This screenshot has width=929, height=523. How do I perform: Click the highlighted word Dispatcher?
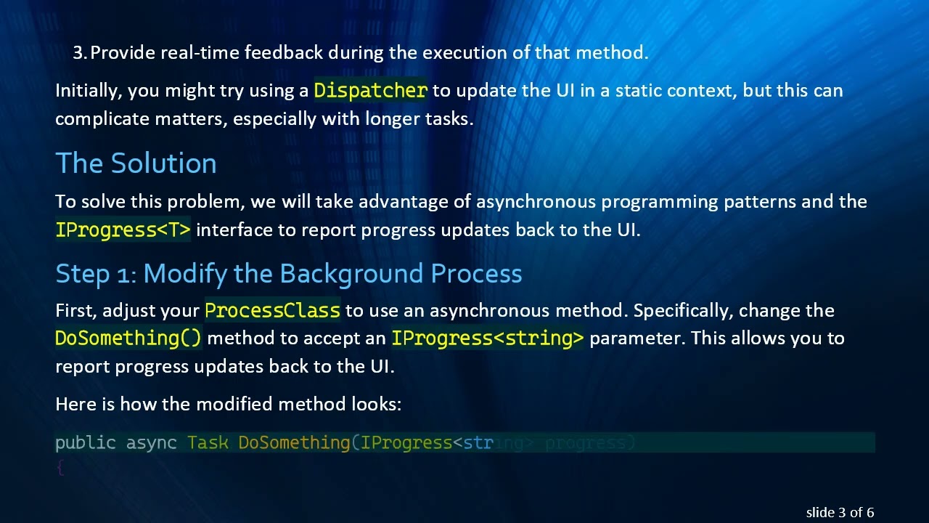coord(370,91)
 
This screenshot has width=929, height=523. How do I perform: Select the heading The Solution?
coord(136,163)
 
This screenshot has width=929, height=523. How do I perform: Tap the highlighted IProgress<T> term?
coord(123,230)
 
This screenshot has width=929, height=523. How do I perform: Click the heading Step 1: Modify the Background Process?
coord(288,274)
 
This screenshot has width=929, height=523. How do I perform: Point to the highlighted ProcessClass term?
coord(272,311)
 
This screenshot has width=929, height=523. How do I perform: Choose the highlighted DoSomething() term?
coord(128,338)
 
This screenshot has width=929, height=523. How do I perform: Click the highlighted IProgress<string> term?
coord(487,338)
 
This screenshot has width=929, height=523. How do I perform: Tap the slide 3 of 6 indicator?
coord(840,512)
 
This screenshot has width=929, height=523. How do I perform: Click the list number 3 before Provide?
coord(78,53)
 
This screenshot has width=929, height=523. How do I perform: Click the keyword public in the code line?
coord(86,443)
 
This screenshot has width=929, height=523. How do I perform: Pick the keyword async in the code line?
coord(152,443)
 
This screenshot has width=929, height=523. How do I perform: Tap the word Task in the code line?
coord(208,443)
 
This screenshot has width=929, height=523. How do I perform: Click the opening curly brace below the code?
coord(60,469)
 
